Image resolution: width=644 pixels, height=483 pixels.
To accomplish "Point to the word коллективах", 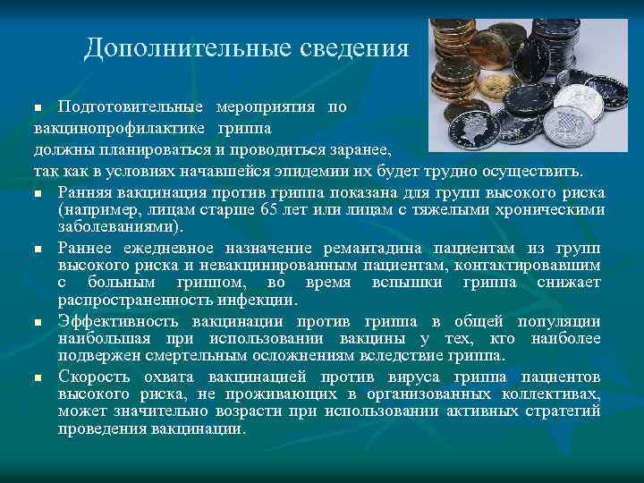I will pos(548,394).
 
